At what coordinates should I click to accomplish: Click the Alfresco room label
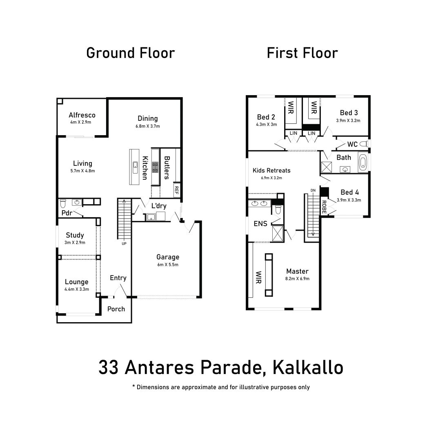82,115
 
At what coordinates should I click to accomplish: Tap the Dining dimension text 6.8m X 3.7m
148,126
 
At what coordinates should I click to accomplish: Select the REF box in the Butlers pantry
176,189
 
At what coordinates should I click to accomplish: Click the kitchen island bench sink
134,165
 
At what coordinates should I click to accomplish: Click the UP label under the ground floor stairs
124,244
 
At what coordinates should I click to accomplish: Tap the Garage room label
168,257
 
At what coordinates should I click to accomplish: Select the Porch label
116,309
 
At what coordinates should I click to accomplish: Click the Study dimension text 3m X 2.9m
75,243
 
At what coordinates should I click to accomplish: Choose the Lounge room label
77,282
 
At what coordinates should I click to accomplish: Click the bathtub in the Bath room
363,162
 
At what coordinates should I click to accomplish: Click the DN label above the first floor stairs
313,190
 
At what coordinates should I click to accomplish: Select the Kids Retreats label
271,170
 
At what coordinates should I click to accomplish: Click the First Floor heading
302,53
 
